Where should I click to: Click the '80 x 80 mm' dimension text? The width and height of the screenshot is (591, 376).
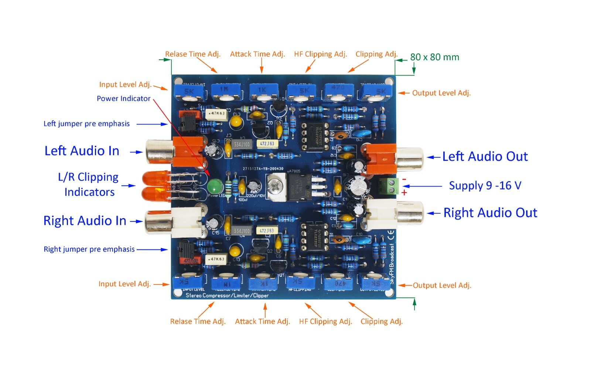click(434, 57)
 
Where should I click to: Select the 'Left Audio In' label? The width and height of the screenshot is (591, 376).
click(82, 151)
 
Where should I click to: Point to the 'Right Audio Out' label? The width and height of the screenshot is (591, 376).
click(490, 213)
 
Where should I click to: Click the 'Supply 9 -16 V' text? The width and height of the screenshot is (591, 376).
click(485, 186)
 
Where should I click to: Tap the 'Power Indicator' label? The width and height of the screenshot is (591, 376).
click(123, 99)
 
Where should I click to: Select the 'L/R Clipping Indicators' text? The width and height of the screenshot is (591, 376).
click(89, 184)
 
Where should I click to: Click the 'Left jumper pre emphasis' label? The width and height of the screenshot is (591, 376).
click(86, 124)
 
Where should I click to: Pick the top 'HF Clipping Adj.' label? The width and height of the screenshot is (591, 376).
click(320, 54)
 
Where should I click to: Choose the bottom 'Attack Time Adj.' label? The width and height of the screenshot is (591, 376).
click(262, 321)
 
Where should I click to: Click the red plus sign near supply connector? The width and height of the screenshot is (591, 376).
click(404, 193)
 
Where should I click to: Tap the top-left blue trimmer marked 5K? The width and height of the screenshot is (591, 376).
click(189, 92)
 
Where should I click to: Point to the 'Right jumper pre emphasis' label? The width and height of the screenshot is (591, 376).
click(89, 249)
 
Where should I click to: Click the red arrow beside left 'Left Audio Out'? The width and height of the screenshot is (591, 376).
click(434, 157)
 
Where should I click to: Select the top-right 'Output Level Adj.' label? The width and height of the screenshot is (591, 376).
click(441, 93)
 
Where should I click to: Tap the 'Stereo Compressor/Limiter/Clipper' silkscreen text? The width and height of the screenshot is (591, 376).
click(227, 295)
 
